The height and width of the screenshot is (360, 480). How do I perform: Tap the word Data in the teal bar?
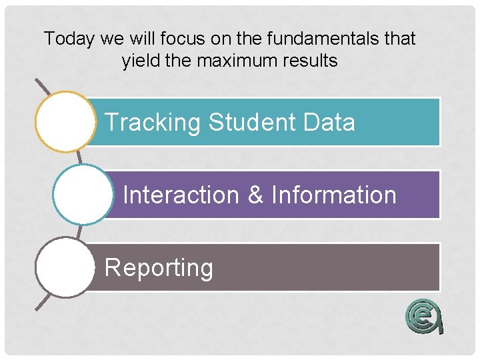tap(329, 123)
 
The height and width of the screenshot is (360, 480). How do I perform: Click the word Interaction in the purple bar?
tap(181, 195)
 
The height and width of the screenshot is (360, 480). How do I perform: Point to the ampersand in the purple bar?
tap(255, 195)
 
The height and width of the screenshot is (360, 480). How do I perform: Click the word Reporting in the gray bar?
tap(159, 267)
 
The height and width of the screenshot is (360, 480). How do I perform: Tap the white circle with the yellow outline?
tap(65, 121)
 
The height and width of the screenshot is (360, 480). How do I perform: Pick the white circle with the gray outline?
tap(65, 267)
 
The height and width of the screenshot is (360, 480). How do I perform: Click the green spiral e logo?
tap(424, 315)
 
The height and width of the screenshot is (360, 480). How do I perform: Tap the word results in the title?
tap(310, 61)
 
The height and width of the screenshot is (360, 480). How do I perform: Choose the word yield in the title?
tap(138, 61)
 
